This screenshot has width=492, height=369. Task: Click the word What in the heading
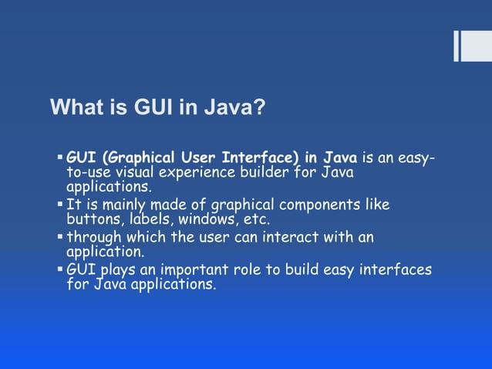(73, 107)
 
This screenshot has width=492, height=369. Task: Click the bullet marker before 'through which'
(60, 237)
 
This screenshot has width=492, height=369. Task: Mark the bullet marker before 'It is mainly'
(60, 205)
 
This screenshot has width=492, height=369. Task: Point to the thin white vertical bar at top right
(457, 46)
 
